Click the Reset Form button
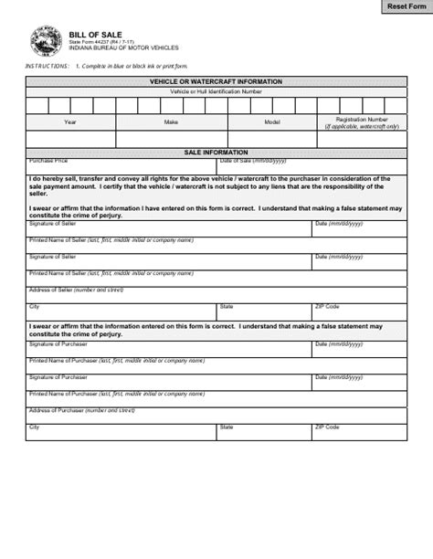[406, 7]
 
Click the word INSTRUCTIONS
[47, 67]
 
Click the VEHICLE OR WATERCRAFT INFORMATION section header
[216, 81]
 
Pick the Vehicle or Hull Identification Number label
[216, 91]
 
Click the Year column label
[70, 121]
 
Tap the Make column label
[171, 121]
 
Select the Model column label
[272, 121]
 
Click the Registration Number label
[362, 120]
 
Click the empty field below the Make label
[171, 139]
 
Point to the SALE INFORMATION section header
[216, 153]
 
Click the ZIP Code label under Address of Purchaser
[327, 427]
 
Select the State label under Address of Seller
[227, 306]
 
